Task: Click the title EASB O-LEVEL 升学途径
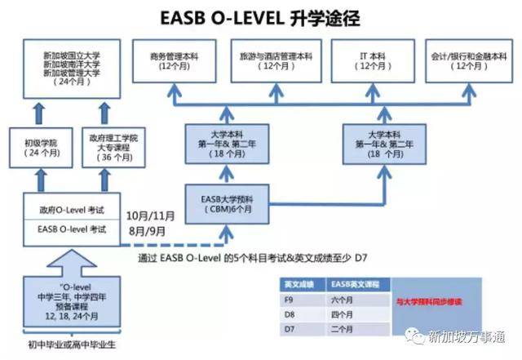coord(260,17)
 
